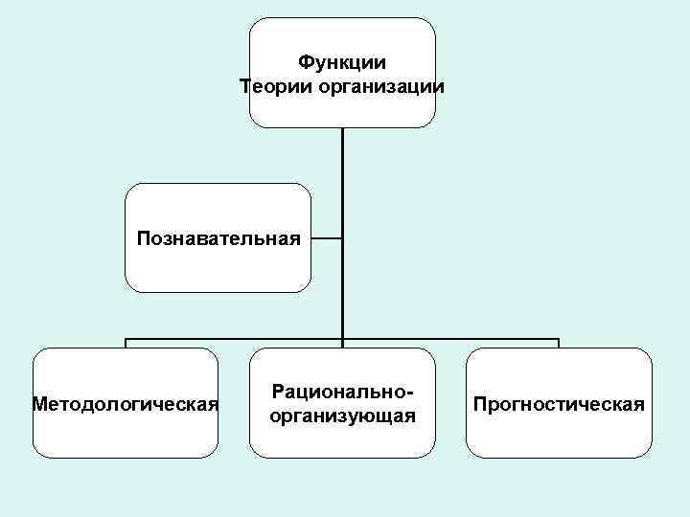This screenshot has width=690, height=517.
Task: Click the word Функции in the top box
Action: tap(342, 63)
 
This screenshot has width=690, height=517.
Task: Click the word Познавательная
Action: tap(218, 236)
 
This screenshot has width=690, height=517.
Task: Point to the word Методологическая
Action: tap(126, 403)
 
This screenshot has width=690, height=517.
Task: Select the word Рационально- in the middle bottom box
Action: tap(342, 392)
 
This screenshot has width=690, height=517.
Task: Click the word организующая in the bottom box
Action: tap(342, 416)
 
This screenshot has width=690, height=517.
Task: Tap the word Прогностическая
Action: tap(559, 403)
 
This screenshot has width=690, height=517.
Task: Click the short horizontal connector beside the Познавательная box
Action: tap(327, 238)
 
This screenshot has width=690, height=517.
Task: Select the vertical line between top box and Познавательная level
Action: tap(342, 182)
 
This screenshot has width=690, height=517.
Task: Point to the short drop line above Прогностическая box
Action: tap(559, 343)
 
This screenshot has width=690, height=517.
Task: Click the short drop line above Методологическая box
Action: tap(126, 343)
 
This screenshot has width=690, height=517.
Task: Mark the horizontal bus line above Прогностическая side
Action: tap(450, 338)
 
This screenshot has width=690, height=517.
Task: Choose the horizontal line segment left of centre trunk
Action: tap(235, 338)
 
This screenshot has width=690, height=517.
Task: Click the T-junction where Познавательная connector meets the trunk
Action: tap(342, 238)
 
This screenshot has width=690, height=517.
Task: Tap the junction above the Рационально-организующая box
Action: tap(342, 339)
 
